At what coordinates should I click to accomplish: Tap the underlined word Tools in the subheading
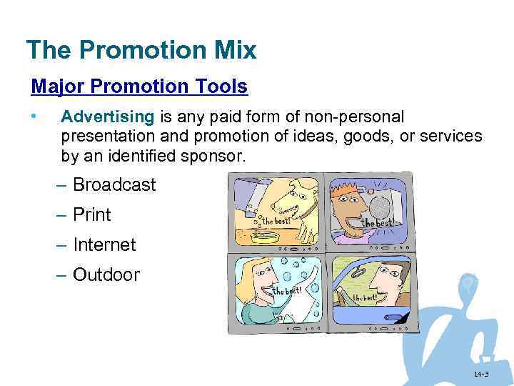tap(224, 87)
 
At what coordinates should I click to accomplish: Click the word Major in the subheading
tap(54, 87)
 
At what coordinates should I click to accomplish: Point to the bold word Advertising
tap(107, 117)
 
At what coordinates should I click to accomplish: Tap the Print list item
tap(92, 215)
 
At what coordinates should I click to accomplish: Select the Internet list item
tap(104, 245)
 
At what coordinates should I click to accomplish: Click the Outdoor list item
tap(106, 275)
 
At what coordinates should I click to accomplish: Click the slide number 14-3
tap(480, 375)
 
